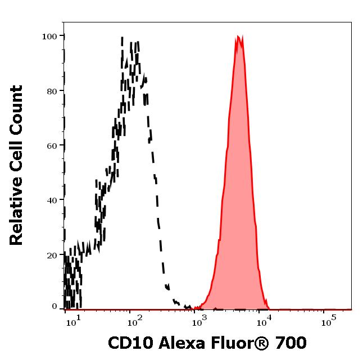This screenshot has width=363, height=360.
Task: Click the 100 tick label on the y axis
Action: (49, 36)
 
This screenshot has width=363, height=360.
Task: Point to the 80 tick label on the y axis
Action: (52, 90)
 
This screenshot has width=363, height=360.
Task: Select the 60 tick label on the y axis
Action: (52, 145)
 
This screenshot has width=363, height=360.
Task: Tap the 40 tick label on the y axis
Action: (52, 200)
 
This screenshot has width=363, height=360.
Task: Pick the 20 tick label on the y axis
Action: (52, 255)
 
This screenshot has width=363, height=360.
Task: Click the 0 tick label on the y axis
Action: (55, 307)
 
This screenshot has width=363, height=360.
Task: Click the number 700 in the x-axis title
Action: (291, 343)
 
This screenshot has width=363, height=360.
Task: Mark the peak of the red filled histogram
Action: (238, 37)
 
